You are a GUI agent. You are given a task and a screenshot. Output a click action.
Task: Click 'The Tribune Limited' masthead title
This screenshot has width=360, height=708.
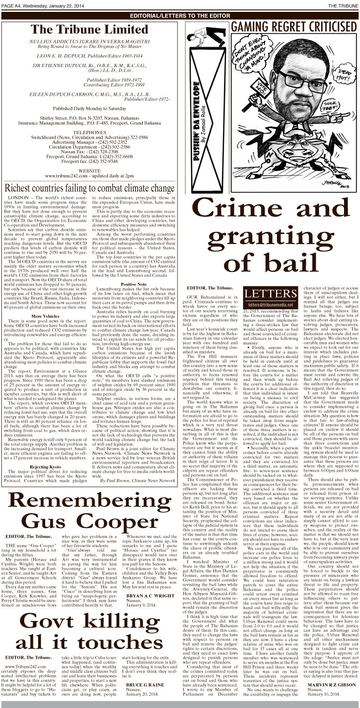tap(89, 30)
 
